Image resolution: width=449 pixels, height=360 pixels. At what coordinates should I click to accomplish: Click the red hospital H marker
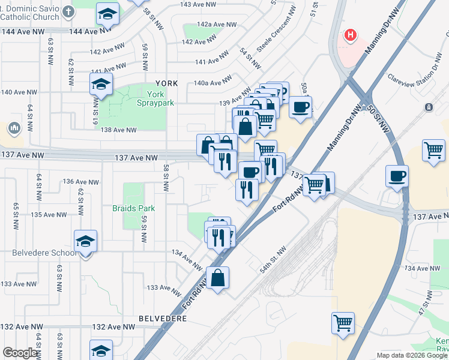point(351,35)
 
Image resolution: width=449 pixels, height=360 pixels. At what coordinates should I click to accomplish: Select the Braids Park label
point(133,208)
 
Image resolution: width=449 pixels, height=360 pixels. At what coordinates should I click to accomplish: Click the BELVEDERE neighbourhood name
point(163,317)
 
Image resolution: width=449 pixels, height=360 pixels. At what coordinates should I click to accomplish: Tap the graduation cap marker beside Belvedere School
point(86,242)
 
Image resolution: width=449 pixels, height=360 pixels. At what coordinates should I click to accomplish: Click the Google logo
point(20,353)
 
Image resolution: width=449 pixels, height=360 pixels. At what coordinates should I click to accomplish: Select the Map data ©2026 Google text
point(412,355)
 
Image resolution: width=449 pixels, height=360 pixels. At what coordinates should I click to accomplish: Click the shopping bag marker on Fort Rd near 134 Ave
point(218,278)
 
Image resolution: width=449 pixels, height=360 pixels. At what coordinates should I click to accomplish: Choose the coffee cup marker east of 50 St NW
point(396,177)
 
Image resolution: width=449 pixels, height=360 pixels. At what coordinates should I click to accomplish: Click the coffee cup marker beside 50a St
point(300,107)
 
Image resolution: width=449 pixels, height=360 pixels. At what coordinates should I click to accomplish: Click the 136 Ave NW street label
point(81,182)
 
